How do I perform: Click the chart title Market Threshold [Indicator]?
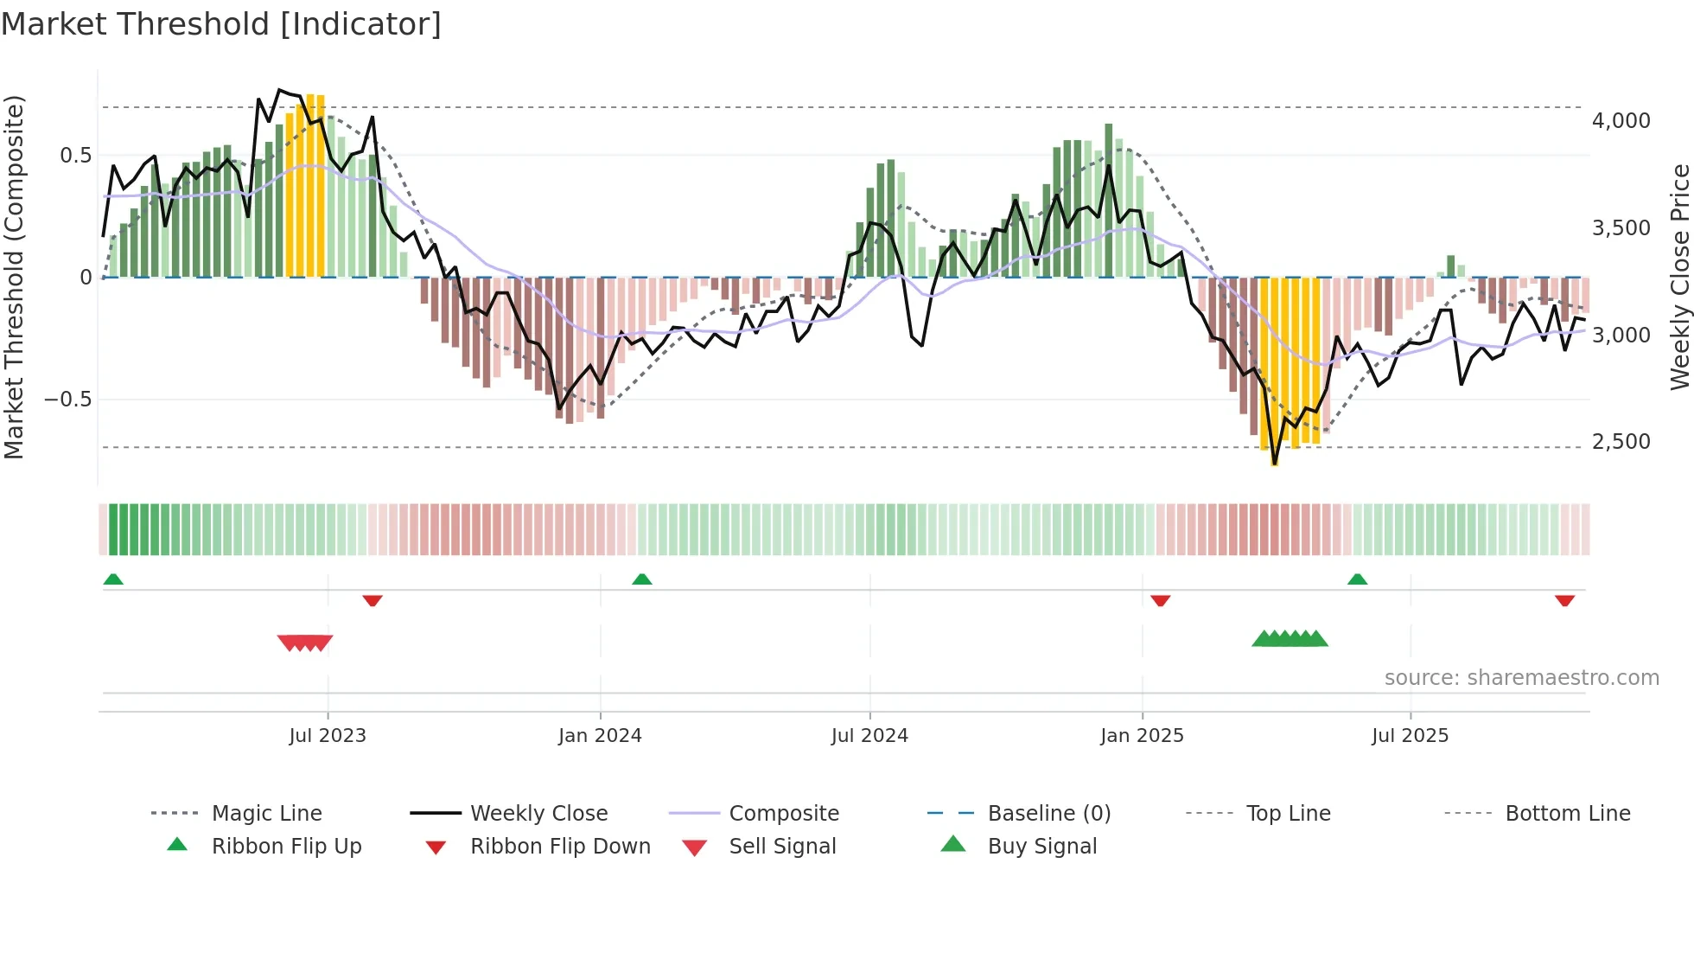pos(221,24)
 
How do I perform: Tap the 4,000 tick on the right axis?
pos(1621,121)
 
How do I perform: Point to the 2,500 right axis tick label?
pos(1621,442)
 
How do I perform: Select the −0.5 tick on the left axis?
pos(67,400)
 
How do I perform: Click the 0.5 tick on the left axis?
pos(75,156)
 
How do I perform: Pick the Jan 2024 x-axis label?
pos(600,736)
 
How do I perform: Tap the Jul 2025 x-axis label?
pos(1410,736)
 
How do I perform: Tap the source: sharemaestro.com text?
pos(1521,678)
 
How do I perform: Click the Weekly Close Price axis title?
pos(1679,277)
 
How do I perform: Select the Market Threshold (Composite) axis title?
pos(14,277)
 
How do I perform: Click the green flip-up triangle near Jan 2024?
pos(641,579)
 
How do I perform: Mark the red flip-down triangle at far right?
pos(1564,600)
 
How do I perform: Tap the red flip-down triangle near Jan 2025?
pos(1160,600)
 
